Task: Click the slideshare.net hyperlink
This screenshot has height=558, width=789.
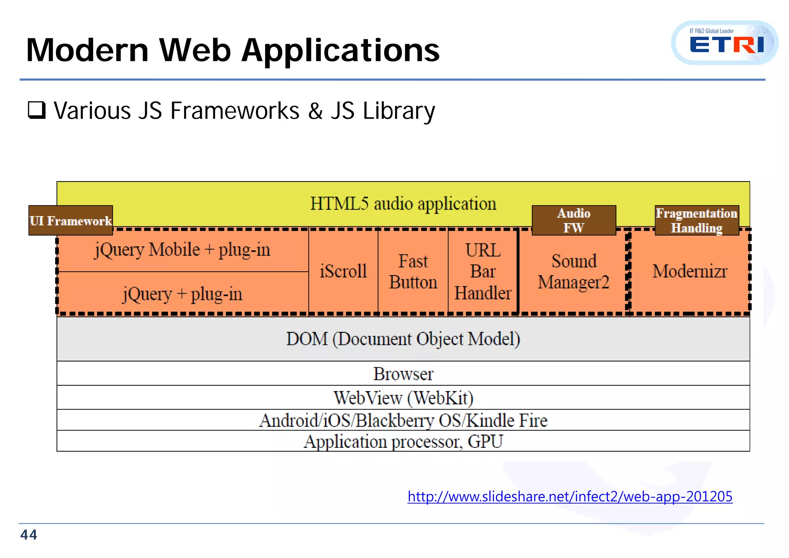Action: click(570, 496)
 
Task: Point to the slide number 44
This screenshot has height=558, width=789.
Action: click(29, 535)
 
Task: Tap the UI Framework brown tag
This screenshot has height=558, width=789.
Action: click(71, 220)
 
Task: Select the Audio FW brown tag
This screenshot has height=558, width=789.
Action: click(574, 220)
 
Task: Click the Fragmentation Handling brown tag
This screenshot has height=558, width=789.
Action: click(697, 220)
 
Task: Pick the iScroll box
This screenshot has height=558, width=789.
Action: click(343, 271)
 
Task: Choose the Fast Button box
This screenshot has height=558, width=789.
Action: click(413, 271)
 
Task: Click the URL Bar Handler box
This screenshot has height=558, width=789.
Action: click(483, 271)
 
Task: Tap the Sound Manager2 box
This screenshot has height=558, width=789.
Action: click(574, 272)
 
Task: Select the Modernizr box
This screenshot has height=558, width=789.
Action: click(690, 271)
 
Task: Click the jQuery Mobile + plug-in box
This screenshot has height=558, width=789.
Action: click(183, 250)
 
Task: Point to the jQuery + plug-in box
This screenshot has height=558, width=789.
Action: click(183, 294)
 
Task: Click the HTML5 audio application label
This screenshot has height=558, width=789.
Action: click(403, 204)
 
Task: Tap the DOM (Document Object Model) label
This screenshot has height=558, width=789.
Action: click(403, 339)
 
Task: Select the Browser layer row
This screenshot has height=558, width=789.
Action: click(403, 374)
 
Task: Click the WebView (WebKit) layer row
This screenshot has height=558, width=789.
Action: click(403, 398)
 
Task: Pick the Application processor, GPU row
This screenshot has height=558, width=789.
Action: click(403, 441)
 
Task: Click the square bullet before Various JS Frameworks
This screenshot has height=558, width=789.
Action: click(37, 110)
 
